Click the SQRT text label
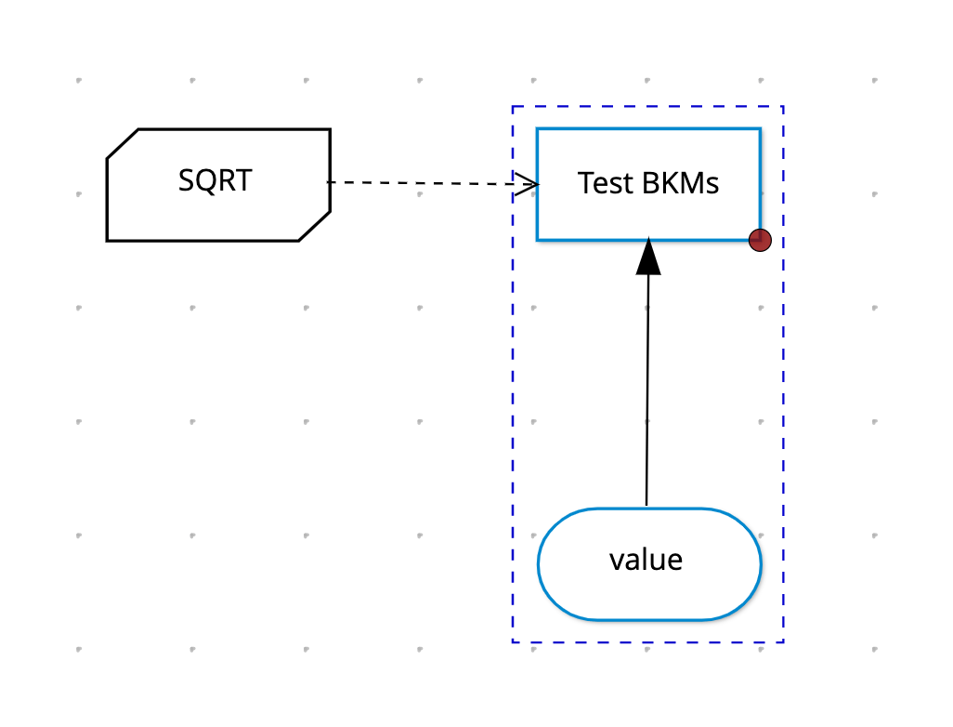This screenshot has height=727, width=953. click(x=215, y=180)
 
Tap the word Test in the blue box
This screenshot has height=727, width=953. click(x=605, y=183)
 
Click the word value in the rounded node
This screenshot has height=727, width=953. click(x=646, y=561)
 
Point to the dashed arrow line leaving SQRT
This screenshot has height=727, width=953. click(x=433, y=182)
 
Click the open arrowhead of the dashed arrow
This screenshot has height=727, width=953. click(x=527, y=184)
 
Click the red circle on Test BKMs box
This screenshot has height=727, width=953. click(x=761, y=240)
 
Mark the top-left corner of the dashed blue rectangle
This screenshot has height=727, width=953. click(x=513, y=107)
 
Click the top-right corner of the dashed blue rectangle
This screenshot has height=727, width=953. click(x=783, y=107)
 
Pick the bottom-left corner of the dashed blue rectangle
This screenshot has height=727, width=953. click(x=513, y=641)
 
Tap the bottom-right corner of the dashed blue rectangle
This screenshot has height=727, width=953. click(x=783, y=641)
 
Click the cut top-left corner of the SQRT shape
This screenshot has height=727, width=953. click(x=123, y=143)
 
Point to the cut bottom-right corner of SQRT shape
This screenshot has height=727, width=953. click(x=315, y=226)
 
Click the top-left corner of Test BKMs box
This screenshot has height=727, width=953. click(x=537, y=129)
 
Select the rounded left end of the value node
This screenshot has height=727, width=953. click(x=539, y=564)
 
